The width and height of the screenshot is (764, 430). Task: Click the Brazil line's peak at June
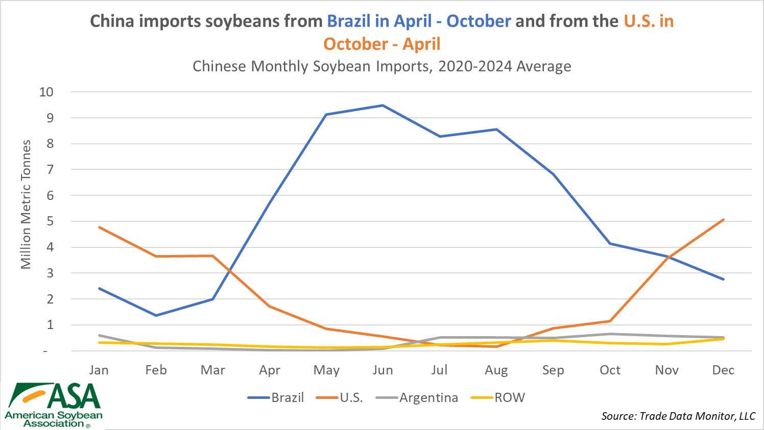[x=383, y=106]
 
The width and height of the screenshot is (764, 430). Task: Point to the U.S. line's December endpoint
[x=723, y=220]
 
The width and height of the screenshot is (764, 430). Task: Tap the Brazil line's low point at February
[x=156, y=315]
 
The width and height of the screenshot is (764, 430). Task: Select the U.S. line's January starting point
[x=99, y=227]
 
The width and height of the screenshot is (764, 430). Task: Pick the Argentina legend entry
[x=417, y=397]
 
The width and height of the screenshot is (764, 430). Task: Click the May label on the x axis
[x=326, y=370]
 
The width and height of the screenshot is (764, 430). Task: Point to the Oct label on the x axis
[x=610, y=370]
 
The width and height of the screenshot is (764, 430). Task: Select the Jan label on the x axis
[x=99, y=370]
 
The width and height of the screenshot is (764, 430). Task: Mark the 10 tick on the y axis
[x=46, y=92]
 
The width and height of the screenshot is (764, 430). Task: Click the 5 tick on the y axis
[x=50, y=221]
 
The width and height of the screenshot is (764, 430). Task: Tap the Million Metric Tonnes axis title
[x=26, y=204]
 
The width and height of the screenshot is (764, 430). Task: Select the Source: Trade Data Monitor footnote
[x=678, y=416]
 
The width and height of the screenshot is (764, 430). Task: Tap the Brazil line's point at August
[x=496, y=130]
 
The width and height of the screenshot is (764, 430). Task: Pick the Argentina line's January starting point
[x=99, y=336]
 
